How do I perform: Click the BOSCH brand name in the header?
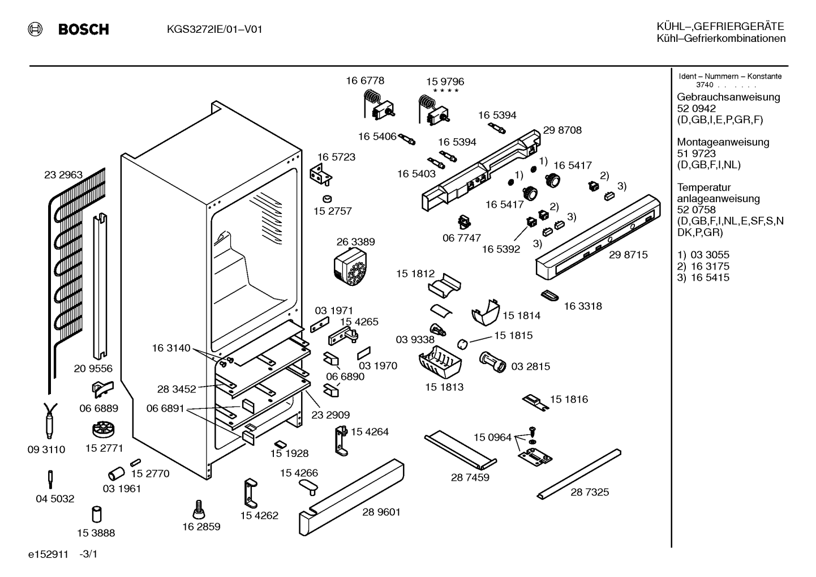coord(83,29)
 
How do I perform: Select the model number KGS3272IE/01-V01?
coord(214,29)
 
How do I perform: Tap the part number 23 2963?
coord(63,175)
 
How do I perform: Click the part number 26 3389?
coord(355,242)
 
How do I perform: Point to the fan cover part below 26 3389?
coord(350,267)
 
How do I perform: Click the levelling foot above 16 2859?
coord(199,509)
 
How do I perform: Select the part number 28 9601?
coord(381,512)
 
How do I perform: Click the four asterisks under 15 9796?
coord(445,91)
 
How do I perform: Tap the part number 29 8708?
coord(562,130)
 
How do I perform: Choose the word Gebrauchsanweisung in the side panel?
coord(729,97)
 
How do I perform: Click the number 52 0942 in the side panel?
coord(697,108)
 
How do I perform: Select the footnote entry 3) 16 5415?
coord(703,277)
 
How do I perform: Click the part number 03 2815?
coord(531,366)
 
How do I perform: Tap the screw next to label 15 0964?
coord(532,432)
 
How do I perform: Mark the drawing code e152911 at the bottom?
coord(49,554)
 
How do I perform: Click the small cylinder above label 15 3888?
coord(97,514)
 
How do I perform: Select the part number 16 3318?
coord(583,306)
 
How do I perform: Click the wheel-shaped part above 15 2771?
coord(104,429)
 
